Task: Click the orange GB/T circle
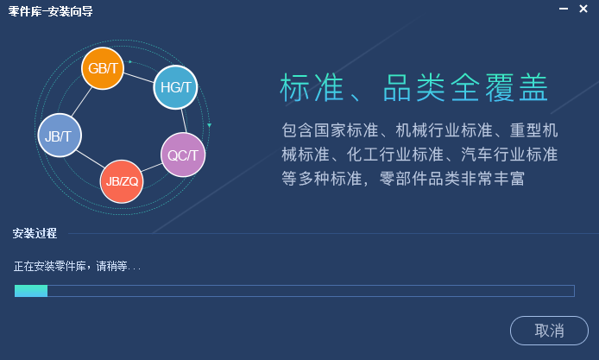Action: (x=104, y=68)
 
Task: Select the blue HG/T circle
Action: (x=176, y=87)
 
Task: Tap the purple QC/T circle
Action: (x=183, y=155)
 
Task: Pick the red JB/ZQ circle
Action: (x=121, y=180)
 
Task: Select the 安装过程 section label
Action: (x=35, y=233)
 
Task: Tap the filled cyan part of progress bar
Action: (x=31, y=291)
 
